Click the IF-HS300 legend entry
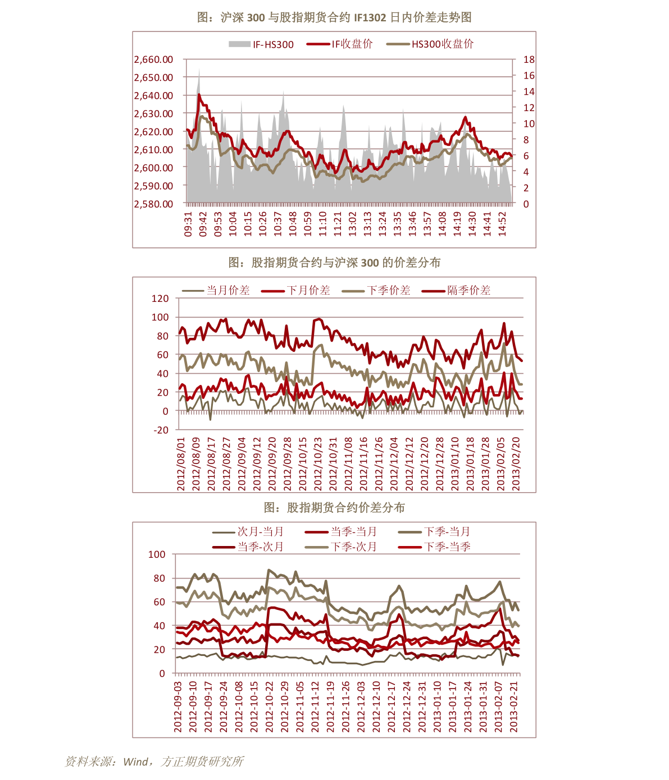pos(261,44)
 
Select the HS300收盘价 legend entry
pos(430,44)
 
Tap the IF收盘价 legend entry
pos(340,44)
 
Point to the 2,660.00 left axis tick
pos(153,59)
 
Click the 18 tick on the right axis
pos(529,59)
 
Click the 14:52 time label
pos(502,224)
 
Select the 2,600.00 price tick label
pos(153,168)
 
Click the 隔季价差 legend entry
pos(456,290)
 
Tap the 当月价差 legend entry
pos(216,290)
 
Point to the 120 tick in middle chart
pos(160,299)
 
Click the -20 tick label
pos(161,430)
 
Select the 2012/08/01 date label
pos(181,464)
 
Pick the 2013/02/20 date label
pos(516,464)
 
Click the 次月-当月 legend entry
pos(248,532)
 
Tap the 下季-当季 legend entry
pos(434,547)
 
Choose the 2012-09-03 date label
pos(178,707)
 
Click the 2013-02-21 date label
pos(513,707)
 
